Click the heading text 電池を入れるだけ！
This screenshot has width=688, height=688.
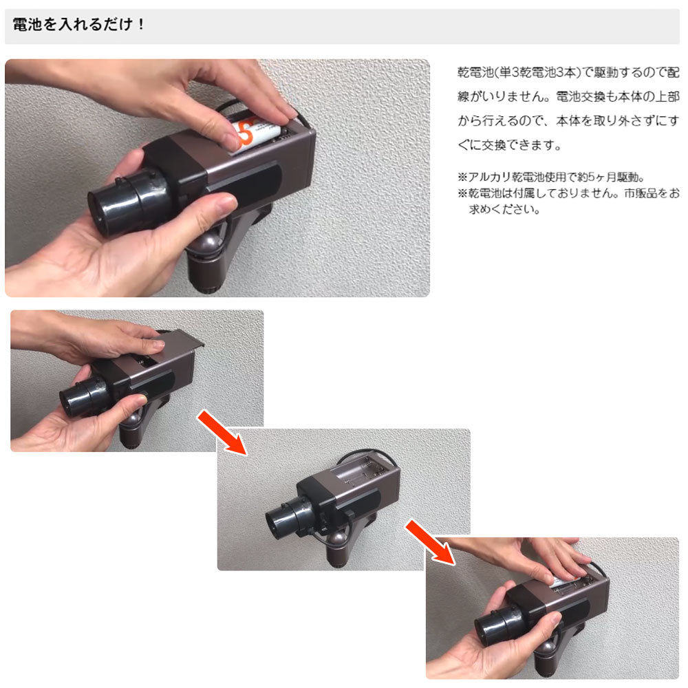click(x=79, y=25)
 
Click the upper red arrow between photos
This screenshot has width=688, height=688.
click(x=222, y=433)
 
